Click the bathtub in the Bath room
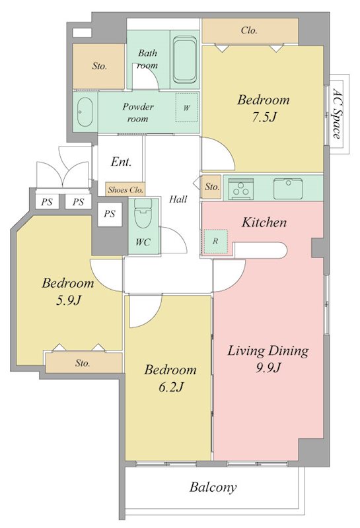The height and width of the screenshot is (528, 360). point(184,60)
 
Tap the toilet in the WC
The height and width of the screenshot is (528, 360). point(143,213)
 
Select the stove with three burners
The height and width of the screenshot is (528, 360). point(241,188)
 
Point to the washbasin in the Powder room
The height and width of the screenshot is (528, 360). point(85,112)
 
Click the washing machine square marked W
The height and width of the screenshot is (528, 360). point(186,108)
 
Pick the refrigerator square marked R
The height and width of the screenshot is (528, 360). point(216,241)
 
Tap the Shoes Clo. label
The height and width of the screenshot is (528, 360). point(126,189)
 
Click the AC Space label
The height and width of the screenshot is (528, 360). point(336,114)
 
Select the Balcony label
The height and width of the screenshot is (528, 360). point(213,487)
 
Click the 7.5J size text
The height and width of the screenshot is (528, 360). point(264,117)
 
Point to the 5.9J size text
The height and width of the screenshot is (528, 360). point(69,300)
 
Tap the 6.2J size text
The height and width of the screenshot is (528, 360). point(171,387)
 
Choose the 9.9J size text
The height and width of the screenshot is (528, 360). point(268,368)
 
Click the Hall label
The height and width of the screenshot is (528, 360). point(178,199)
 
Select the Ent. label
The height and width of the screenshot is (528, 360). point(122,162)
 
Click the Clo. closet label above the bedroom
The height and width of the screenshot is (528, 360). point(250,30)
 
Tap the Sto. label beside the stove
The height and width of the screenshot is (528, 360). point(212,187)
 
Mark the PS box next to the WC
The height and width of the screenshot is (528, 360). point(110,214)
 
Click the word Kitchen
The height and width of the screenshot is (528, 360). point(264,222)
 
